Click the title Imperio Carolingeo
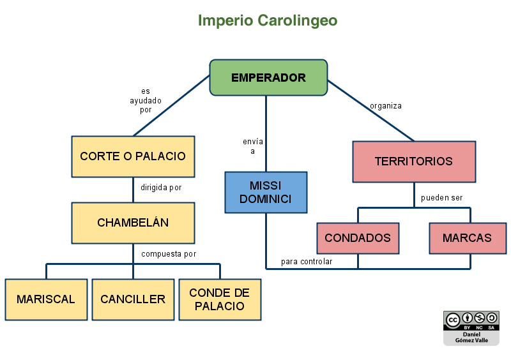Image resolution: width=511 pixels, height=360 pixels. pos(268,20)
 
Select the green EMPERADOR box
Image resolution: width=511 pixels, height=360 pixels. pos(268,78)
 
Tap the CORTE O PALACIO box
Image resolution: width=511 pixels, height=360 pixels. pos(133,156)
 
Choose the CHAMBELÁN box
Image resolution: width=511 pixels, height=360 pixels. pos(133,223)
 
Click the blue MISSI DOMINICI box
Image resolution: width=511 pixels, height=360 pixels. pos(266,192)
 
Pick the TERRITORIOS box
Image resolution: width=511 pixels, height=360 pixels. pos(414,161)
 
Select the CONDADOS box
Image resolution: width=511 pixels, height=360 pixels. pos(358,238)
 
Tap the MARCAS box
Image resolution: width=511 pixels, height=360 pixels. pos(468,238)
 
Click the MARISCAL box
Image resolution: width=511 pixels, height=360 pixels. pos(46,299)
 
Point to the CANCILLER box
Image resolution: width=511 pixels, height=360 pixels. pos(133,299)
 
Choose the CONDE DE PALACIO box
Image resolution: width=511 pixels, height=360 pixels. pos(220,299)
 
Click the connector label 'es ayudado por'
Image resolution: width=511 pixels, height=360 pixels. pos(146,101)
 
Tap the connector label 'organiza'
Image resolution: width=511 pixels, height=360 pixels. pos(386,106)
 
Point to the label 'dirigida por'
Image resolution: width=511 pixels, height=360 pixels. pos(161,188)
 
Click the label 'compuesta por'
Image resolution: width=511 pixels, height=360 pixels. pos(169,254)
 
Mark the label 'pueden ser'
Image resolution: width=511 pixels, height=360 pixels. pos(441,198)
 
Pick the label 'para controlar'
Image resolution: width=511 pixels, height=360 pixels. pos(307,262)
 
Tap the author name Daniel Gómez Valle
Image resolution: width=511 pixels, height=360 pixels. pos(471,338)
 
